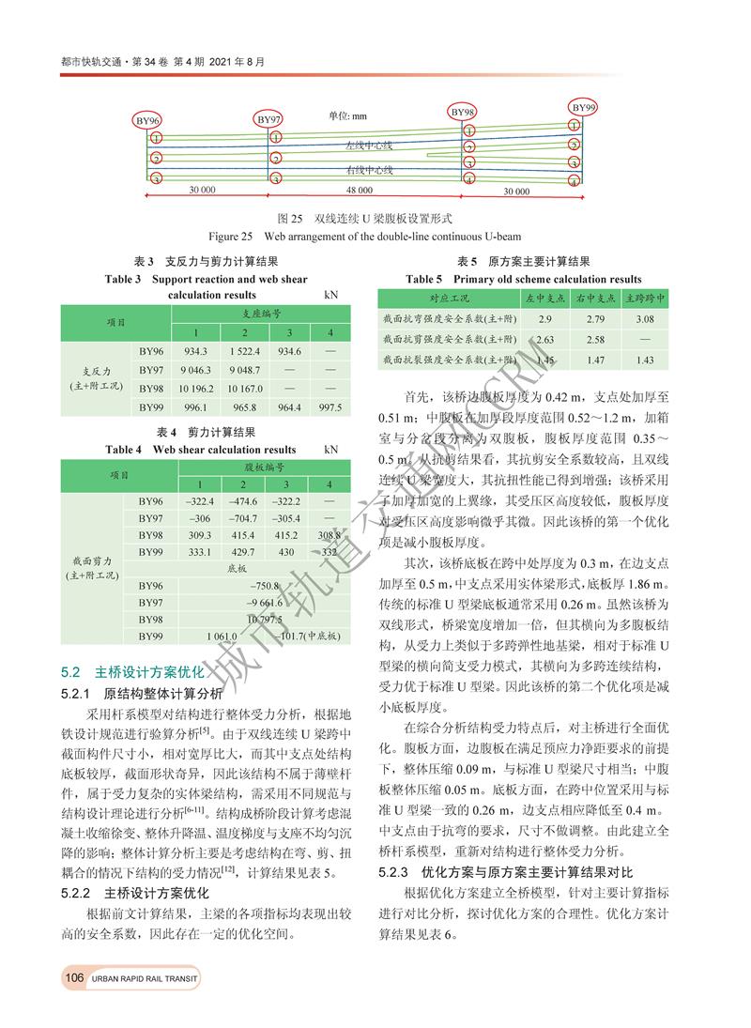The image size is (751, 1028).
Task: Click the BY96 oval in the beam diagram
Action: (x=148, y=121)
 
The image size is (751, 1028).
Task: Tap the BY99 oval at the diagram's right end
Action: (x=584, y=108)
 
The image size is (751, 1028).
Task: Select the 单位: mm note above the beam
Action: (x=347, y=116)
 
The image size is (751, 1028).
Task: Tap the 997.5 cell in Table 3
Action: (x=329, y=407)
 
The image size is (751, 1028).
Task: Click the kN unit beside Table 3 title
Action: (x=330, y=294)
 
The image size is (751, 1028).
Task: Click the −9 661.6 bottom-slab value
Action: (x=265, y=603)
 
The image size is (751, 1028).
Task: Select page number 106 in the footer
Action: (x=74, y=979)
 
